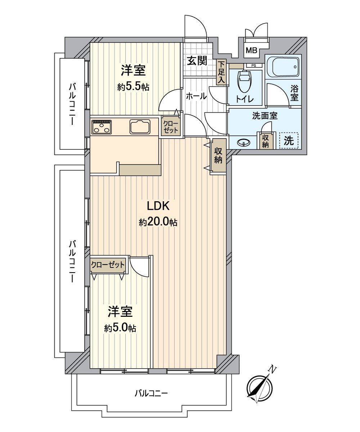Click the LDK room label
coord(158,206)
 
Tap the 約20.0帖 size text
coord(158,222)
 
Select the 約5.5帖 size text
coord(133,87)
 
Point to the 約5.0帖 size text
coord(120,328)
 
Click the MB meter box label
coord(251,50)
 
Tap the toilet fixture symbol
coord(245,81)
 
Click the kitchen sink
coord(140,126)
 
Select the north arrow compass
coord(260,388)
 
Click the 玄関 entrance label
coord(197,61)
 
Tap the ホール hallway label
coord(196,96)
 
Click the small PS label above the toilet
coord(254,66)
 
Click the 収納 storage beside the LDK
coord(218,156)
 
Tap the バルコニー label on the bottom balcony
coord(151,393)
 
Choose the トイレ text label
coord(246,99)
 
